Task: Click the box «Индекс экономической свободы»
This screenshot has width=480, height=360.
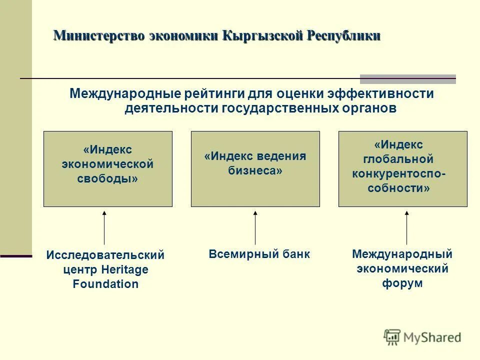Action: tap(108, 169)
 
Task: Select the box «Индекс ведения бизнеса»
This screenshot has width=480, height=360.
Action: tap(255, 169)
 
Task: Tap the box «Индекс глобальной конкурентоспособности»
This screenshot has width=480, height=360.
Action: tap(403, 169)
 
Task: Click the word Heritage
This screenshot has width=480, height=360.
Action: tap(125, 270)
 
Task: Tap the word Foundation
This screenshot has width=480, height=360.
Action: tap(105, 284)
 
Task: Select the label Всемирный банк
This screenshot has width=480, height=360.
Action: tap(259, 254)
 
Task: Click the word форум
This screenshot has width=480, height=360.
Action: tap(402, 283)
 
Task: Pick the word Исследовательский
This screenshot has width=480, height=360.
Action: tap(105, 255)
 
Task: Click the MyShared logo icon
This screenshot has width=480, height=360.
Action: tap(392, 337)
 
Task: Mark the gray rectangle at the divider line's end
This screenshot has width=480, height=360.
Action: tap(408, 79)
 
